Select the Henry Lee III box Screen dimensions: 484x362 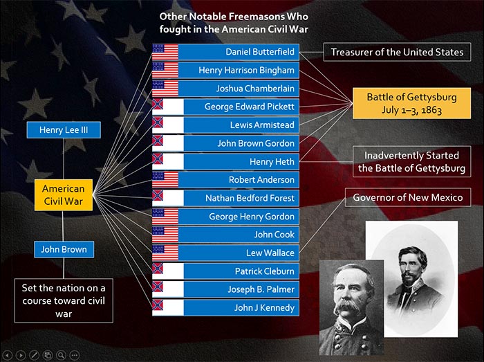(x=64, y=129)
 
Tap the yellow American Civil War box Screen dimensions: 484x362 (x=64, y=195)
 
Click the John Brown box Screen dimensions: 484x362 (x=64, y=249)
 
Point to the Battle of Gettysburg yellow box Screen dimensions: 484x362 (x=412, y=103)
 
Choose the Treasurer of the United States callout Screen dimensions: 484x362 (x=397, y=52)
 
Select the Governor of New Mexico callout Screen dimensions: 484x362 (x=408, y=197)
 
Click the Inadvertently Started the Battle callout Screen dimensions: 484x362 (x=412, y=161)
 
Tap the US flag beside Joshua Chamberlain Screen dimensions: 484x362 (x=165, y=89)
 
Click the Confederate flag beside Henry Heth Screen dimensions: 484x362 (x=168, y=161)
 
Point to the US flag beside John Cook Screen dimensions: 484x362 (x=165, y=235)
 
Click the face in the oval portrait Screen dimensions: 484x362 (x=411, y=267)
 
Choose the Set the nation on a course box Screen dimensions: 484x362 (x=64, y=300)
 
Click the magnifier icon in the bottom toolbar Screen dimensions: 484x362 (x=61, y=355)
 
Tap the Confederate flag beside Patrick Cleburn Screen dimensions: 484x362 (x=168, y=271)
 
